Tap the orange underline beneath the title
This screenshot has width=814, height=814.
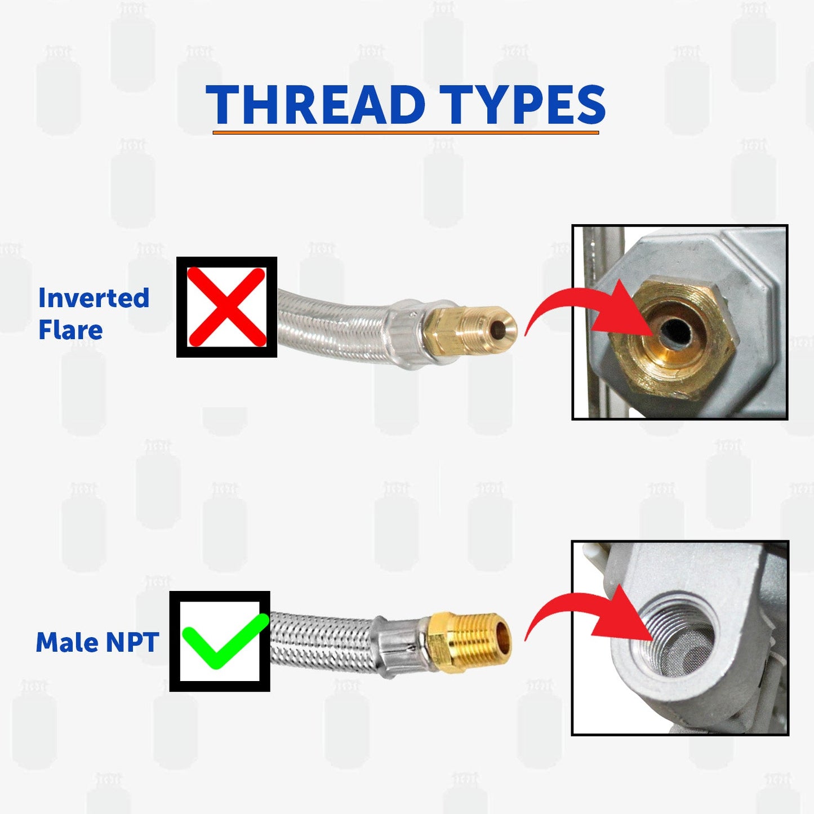click(x=406, y=133)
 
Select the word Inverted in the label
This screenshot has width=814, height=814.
click(x=94, y=298)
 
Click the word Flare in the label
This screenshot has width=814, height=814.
click(x=70, y=330)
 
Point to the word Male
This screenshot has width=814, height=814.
click(x=66, y=642)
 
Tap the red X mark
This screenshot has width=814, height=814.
click(x=226, y=307)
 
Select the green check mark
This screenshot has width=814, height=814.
click(x=224, y=642)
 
